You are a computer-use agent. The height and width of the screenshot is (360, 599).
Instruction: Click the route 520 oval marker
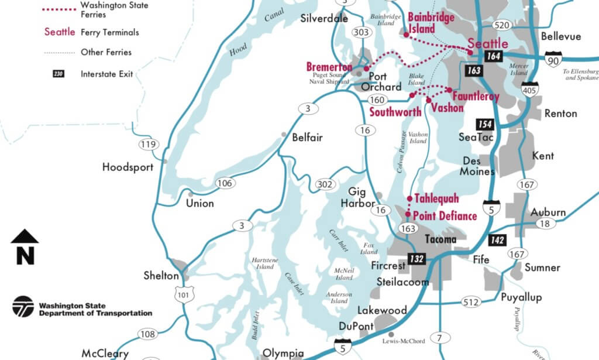coord(501,25)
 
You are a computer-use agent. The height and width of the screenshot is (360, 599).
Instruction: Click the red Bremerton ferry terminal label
coord(329,67)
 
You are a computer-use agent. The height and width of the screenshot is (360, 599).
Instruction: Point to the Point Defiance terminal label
coord(445,216)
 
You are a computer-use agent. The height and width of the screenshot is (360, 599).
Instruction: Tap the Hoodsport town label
coord(128,167)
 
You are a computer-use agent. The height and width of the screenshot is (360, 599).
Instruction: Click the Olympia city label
coord(283,352)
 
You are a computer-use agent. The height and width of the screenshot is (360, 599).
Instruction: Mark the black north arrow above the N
coord(25,236)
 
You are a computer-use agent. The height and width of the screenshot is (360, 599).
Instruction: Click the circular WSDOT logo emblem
coord(23,307)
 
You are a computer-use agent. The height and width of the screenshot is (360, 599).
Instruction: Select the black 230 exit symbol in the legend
coord(58,74)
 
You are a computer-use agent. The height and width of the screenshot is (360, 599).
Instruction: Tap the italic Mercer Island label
coord(519,69)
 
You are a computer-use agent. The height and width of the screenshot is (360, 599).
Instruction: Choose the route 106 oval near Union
coord(225,183)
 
